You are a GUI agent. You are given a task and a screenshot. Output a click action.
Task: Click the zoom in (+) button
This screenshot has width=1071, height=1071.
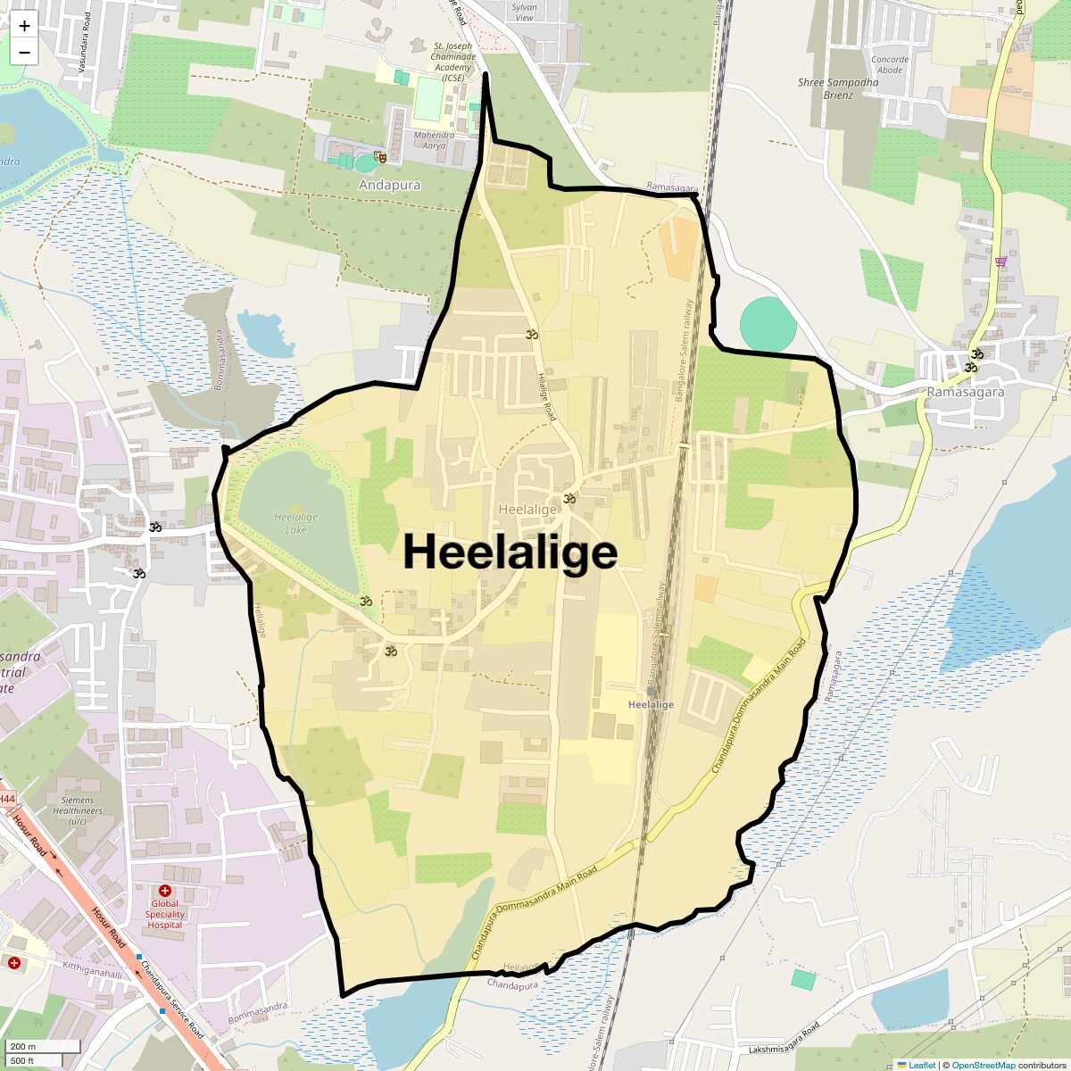click(24, 26)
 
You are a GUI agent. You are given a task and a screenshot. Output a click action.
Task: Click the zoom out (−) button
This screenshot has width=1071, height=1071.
click(24, 53)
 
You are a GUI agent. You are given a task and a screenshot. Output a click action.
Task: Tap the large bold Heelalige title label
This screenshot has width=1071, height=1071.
click(510, 552)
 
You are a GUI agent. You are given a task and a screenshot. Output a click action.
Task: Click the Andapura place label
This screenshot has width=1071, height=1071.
click(389, 185)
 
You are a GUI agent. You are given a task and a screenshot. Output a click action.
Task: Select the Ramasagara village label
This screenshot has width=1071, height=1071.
click(965, 392)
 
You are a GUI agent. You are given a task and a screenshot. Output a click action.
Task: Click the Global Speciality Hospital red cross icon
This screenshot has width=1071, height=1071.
click(165, 891)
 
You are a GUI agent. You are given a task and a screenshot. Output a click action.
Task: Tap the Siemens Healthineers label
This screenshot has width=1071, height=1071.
click(78, 810)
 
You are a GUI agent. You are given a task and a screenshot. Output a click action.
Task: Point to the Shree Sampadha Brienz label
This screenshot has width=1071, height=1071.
click(838, 88)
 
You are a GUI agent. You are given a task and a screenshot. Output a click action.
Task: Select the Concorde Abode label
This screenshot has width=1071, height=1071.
click(890, 64)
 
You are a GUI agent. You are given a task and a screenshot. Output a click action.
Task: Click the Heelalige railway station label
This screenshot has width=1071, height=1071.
click(651, 704)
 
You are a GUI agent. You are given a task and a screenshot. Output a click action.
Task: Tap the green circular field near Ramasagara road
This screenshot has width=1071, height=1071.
click(768, 324)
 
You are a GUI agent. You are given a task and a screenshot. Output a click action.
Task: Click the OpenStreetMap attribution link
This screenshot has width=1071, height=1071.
click(983, 1065)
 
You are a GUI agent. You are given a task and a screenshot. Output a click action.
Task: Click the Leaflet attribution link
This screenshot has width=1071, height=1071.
click(921, 1065)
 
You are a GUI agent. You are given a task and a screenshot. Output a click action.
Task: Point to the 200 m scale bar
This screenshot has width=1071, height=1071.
click(43, 1047)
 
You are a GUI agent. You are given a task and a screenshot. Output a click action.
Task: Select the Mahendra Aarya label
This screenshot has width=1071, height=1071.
click(433, 140)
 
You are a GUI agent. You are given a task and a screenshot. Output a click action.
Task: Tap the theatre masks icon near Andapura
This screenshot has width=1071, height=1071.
click(380, 157)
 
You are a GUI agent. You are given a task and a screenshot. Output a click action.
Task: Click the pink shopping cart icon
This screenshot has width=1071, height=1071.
click(1000, 261)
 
